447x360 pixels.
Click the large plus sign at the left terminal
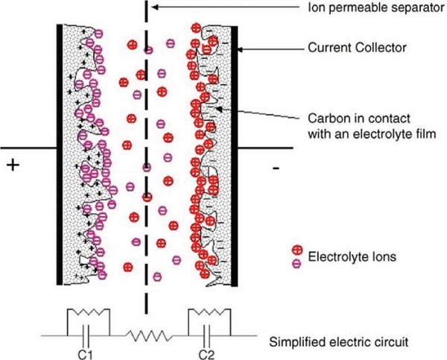pyautogui.click(x=13, y=165)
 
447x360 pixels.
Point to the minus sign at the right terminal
pyautogui.click(x=276, y=169)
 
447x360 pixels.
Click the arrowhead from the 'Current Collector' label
pyautogui.click(x=241, y=50)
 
